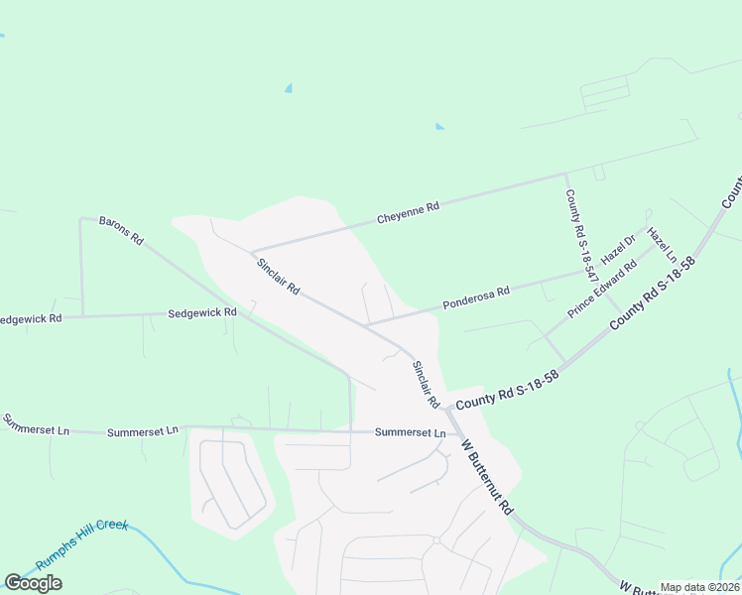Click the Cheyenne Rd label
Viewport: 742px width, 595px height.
click(x=408, y=213)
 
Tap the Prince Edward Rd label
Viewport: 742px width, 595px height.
click(x=601, y=290)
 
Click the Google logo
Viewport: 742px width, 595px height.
click(x=33, y=583)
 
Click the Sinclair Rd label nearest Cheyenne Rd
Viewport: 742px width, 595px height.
click(x=278, y=277)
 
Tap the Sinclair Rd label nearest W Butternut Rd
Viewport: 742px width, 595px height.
click(x=426, y=384)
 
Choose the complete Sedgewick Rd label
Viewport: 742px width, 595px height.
click(x=202, y=312)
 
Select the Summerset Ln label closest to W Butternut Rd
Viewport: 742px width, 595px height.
click(x=410, y=433)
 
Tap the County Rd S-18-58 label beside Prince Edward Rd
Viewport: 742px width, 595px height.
click(x=653, y=294)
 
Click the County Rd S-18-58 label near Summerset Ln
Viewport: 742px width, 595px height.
click(x=507, y=389)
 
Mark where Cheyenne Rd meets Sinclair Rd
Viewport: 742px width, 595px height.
click(x=252, y=251)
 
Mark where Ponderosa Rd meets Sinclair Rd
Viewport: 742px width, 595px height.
click(x=366, y=324)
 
